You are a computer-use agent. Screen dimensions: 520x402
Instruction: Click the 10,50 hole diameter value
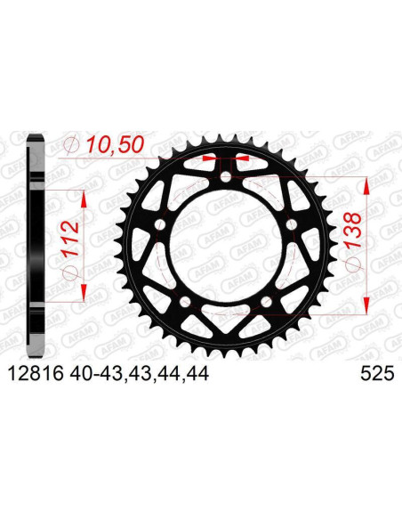(109, 145)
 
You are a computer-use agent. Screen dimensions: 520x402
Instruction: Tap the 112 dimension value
(73, 236)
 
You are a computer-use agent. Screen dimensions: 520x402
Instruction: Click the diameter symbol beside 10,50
(73, 145)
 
